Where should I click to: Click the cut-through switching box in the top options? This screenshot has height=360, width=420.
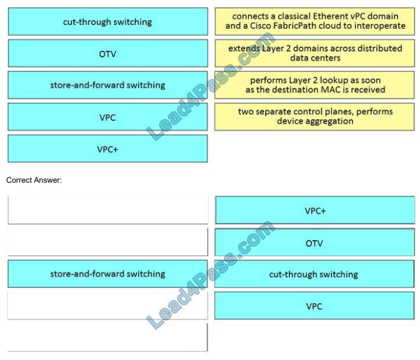tap(108, 21)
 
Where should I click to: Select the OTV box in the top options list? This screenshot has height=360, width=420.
tap(108, 53)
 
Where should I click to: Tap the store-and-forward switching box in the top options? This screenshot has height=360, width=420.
tap(108, 85)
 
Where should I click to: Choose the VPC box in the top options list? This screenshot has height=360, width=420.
tap(108, 117)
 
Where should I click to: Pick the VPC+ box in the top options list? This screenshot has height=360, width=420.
tap(108, 149)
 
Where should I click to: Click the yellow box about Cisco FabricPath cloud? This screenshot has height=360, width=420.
tap(315, 21)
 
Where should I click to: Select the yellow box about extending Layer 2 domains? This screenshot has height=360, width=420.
tap(315, 53)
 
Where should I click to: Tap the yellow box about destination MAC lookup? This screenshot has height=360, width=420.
tap(315, 85)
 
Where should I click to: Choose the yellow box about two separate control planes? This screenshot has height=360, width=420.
tap(315, 117)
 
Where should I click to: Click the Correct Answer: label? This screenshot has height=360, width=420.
tap(34, 180)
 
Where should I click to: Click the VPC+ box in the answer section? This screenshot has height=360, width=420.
tap(315, 211)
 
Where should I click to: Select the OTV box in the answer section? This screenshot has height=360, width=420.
tap(315, 242)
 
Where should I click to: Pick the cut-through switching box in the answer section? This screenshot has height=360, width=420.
tap(315, 274)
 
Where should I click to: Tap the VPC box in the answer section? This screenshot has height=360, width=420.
tap(315, 306)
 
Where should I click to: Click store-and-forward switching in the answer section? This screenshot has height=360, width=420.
tap(108, 273)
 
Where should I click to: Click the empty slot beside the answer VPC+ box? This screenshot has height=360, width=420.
tap(108, 210)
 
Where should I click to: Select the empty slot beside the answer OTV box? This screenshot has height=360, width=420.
tap(108, 242)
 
